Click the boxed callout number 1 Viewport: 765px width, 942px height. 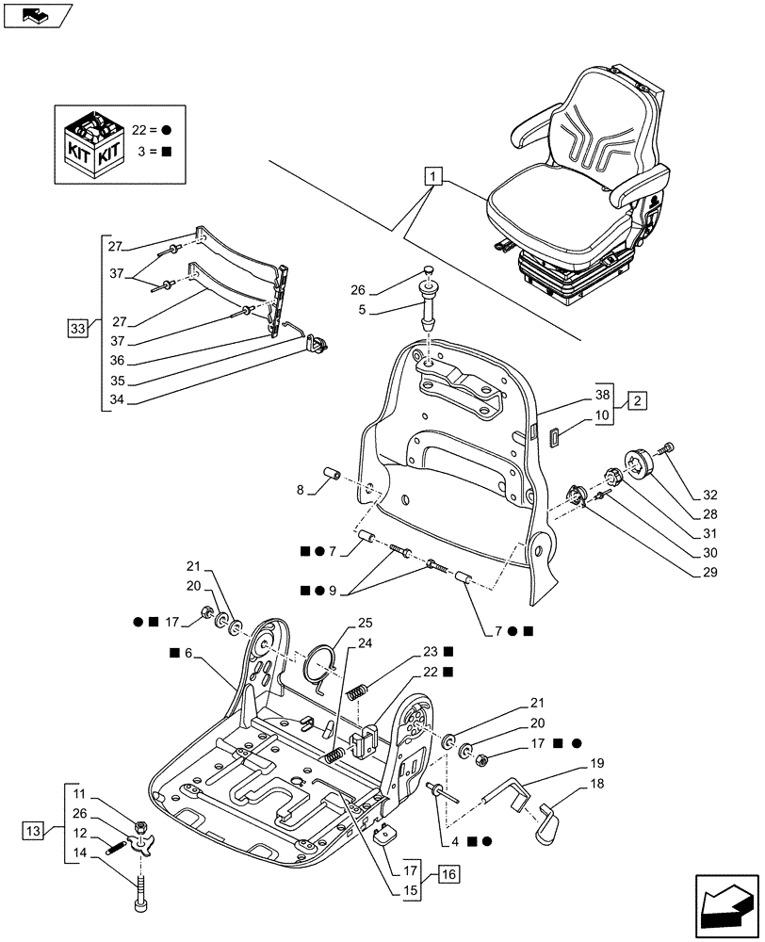[431, 176]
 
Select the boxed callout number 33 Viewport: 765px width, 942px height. [76, 328]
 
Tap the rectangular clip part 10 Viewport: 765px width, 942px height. [553, 435]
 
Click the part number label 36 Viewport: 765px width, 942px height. [115, 361]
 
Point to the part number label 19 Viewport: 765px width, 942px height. [598, 764]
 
